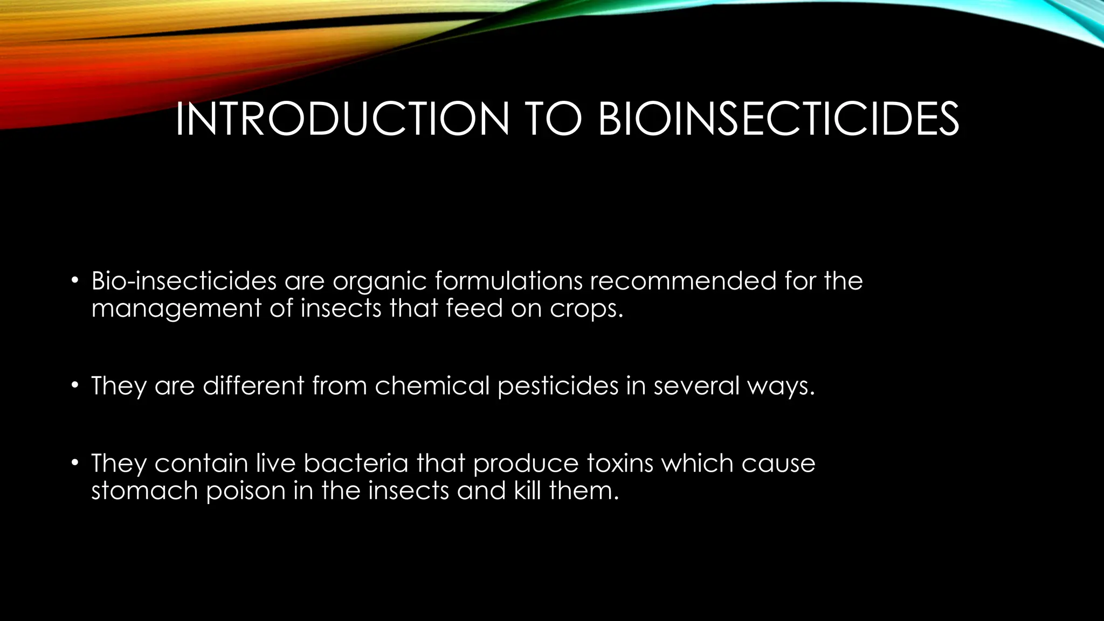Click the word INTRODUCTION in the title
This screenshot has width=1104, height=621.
coord(342,119)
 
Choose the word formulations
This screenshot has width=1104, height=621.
coord(508,281)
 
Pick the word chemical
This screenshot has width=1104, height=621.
coord(432,385)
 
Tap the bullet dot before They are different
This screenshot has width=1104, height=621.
coord(75,385)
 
